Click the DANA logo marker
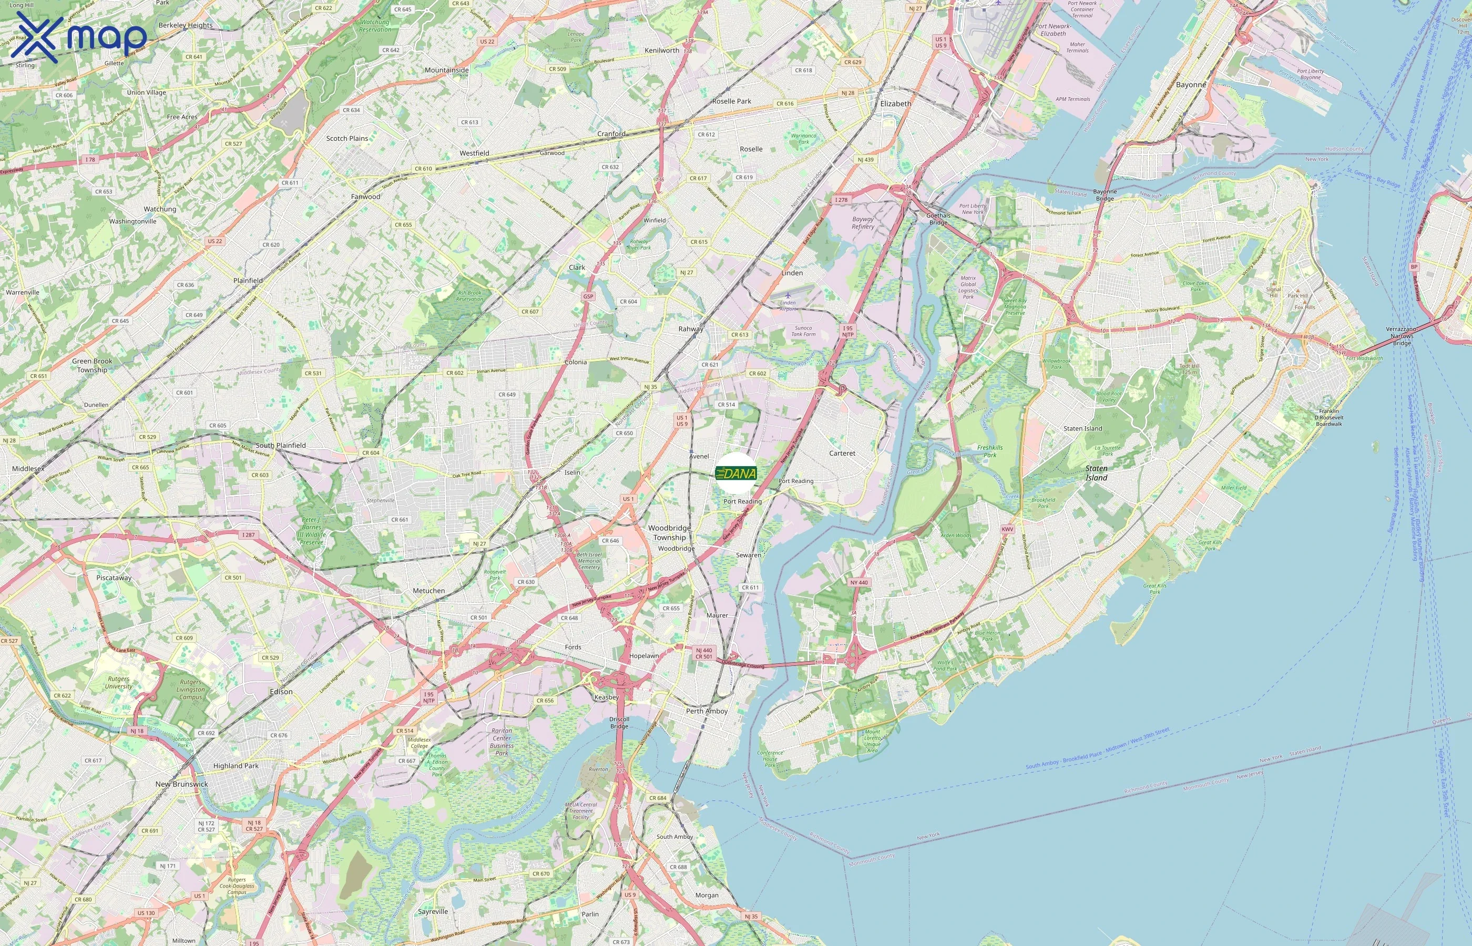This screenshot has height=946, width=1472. coord(736,473)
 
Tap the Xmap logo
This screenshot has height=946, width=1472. coord(79,37)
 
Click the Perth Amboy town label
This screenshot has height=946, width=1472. coord(707,711)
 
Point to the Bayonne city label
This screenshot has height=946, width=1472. coord(1191,85)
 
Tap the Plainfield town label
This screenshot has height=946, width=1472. coord(248,281)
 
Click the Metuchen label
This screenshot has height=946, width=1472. coord(429,591)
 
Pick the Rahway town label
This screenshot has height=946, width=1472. coord(691,329)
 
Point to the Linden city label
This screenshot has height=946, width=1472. coord(792,273)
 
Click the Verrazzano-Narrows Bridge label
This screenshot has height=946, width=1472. coord(1402,336)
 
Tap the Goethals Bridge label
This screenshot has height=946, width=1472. coord(938,219)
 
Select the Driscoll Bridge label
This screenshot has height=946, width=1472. coord(619,723)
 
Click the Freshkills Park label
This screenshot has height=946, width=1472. coord(990,451)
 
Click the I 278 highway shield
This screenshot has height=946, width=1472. coord(841,200)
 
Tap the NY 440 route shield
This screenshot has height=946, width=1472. coord(859,582)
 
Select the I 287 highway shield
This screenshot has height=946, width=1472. coord(248,535)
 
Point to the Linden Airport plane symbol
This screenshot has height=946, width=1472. coord(788,295)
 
